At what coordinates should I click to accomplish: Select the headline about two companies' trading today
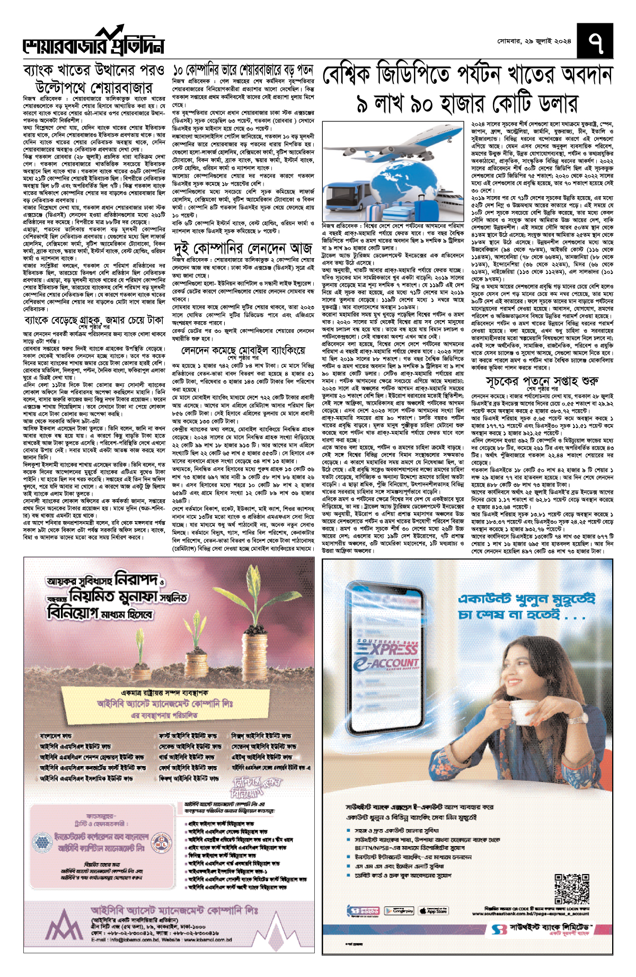tap(243, 248)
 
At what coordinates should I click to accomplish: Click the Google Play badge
tap(399, 911)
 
